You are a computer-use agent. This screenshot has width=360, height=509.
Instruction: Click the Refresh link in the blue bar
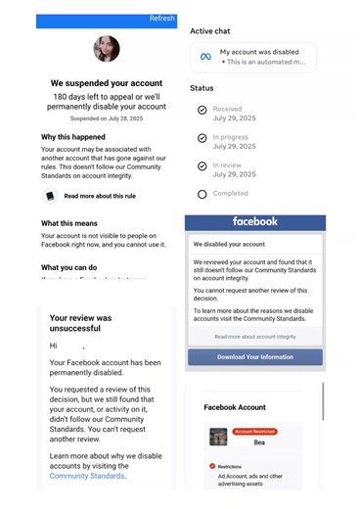click(161, 19)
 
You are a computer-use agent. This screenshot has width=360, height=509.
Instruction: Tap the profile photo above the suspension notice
click(106, 49)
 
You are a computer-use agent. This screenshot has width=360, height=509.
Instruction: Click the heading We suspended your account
click(106, 83)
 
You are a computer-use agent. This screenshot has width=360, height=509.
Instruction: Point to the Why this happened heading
click(74, 136)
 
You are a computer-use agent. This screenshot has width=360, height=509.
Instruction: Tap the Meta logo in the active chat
click(205, 57)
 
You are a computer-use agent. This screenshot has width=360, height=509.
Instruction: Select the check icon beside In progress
click(202, 140)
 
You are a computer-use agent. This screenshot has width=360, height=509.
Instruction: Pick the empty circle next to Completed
click(202, 194)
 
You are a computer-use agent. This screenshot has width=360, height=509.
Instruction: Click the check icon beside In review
click(202, 167)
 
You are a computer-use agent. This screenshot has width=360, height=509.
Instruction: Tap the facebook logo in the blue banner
click(254, 222)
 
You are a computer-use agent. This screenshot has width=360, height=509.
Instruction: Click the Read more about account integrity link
click(254, 336)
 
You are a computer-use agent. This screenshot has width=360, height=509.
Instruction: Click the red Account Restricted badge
click(254, 431)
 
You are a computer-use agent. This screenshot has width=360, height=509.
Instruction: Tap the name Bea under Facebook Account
click(259, 442)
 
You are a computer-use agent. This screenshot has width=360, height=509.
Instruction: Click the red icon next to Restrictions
click(212, 466)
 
